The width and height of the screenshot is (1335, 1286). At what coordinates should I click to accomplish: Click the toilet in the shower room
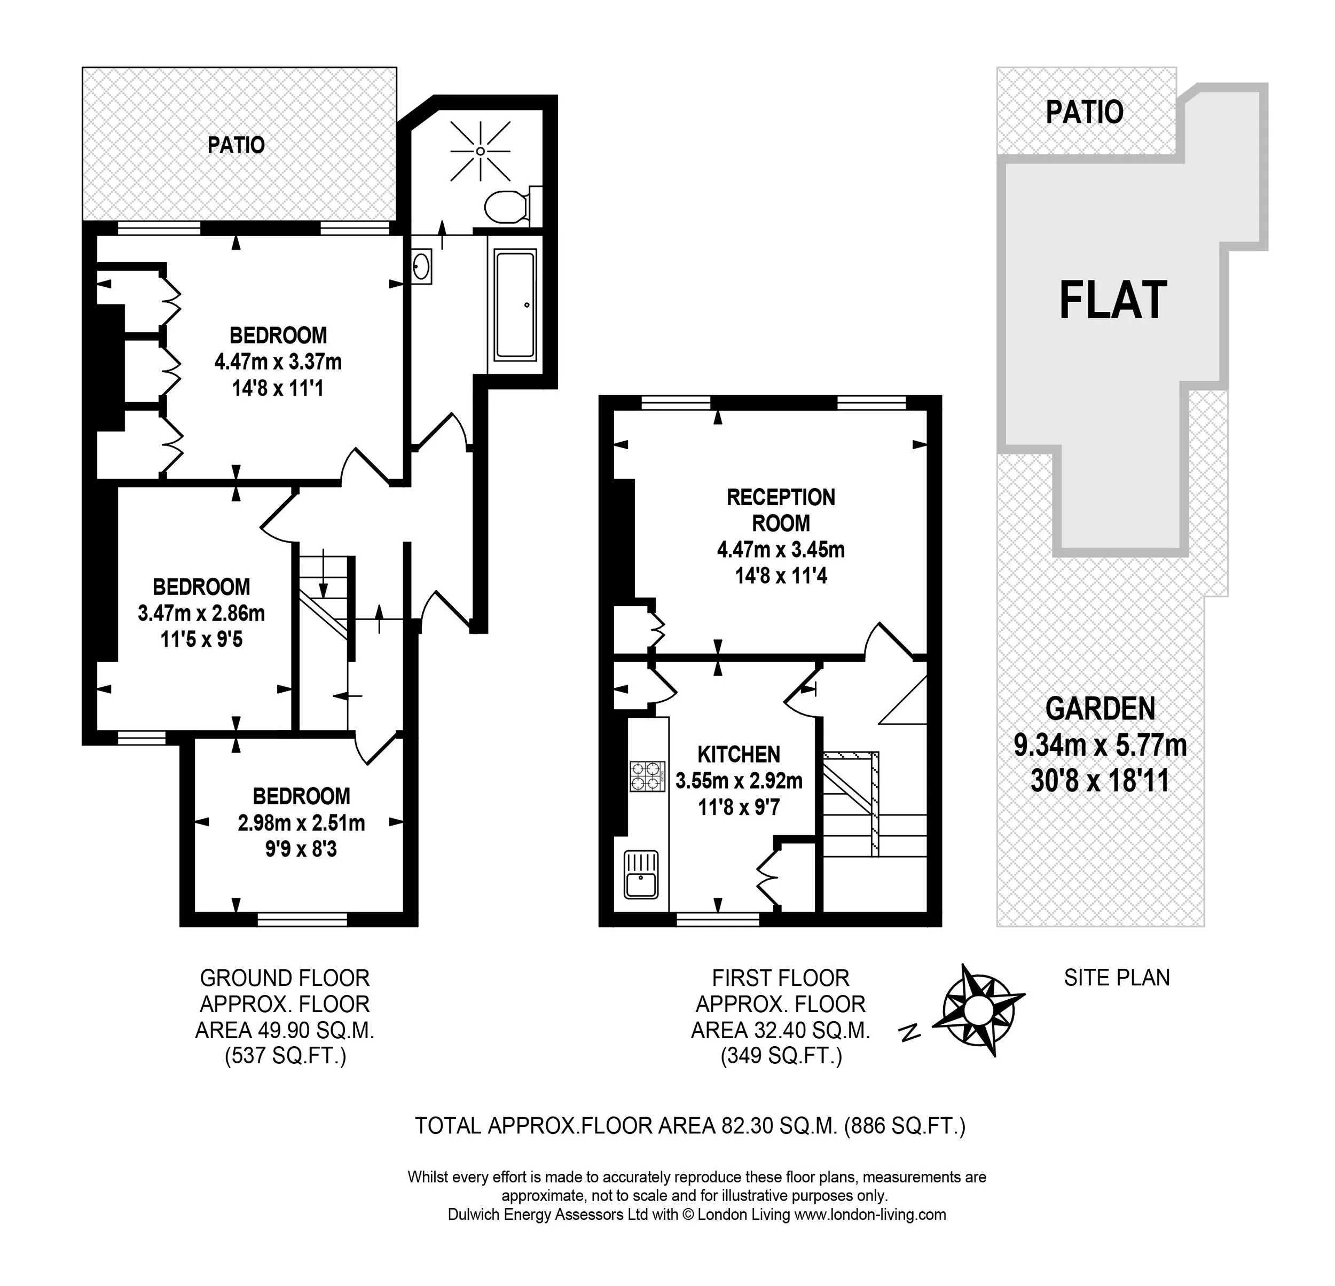[507, 206]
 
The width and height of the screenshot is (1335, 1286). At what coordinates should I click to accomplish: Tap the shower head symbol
[480, 151]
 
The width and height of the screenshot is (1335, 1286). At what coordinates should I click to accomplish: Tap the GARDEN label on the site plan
[1100, 709]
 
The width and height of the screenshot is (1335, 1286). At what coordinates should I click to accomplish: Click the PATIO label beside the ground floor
[235, 145]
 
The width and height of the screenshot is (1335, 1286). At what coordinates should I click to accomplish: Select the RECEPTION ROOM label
[781, 510]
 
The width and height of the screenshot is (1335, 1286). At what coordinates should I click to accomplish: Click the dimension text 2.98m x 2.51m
[301, 824]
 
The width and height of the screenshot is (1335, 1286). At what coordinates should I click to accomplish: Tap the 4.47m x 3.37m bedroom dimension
[278, 362]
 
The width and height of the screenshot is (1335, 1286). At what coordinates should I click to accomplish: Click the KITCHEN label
[739, 755]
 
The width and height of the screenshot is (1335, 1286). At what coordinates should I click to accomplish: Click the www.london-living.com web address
[870, 1214]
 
